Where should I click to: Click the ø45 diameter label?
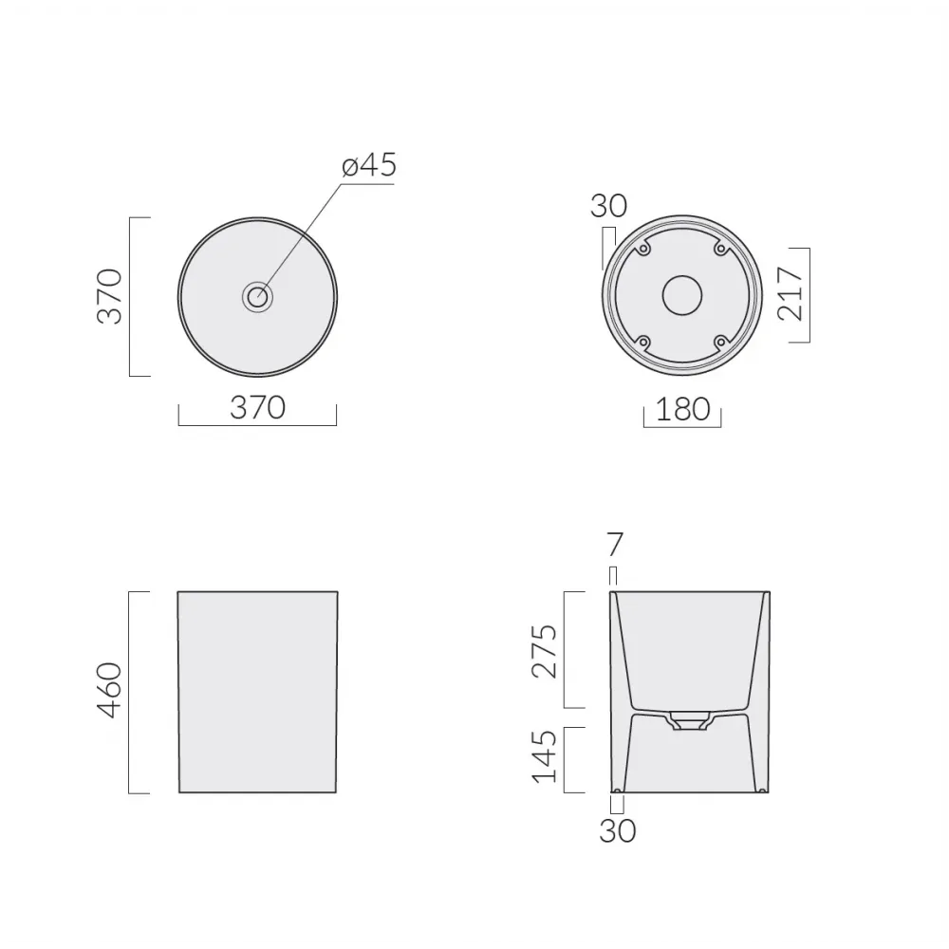[x=369, y=165]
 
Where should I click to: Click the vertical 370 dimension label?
[x=110, y=296]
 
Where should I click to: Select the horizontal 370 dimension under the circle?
[x=258, y=407]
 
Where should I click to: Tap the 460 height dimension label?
[x=110, y=691]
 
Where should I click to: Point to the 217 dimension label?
[x=791, y=295]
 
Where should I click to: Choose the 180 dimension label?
[x=682, y=409]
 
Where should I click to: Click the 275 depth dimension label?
[x=544, y=651]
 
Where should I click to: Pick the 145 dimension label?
[x=544, y=756]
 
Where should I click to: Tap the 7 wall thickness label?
[x=614, y=545]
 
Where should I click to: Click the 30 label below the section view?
[x=618, y=831]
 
